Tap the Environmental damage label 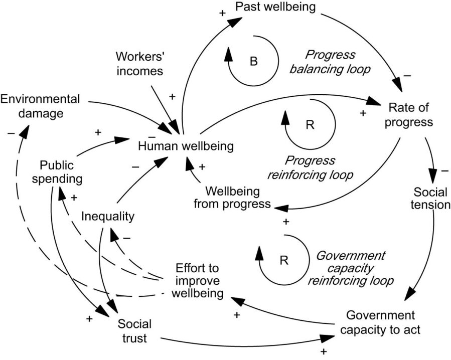(x=40, y=106)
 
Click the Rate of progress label (x=409, y=115)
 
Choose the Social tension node (x=432, y=199)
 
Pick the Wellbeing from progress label (x=238, y=198)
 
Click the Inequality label (x=108, y=217)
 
